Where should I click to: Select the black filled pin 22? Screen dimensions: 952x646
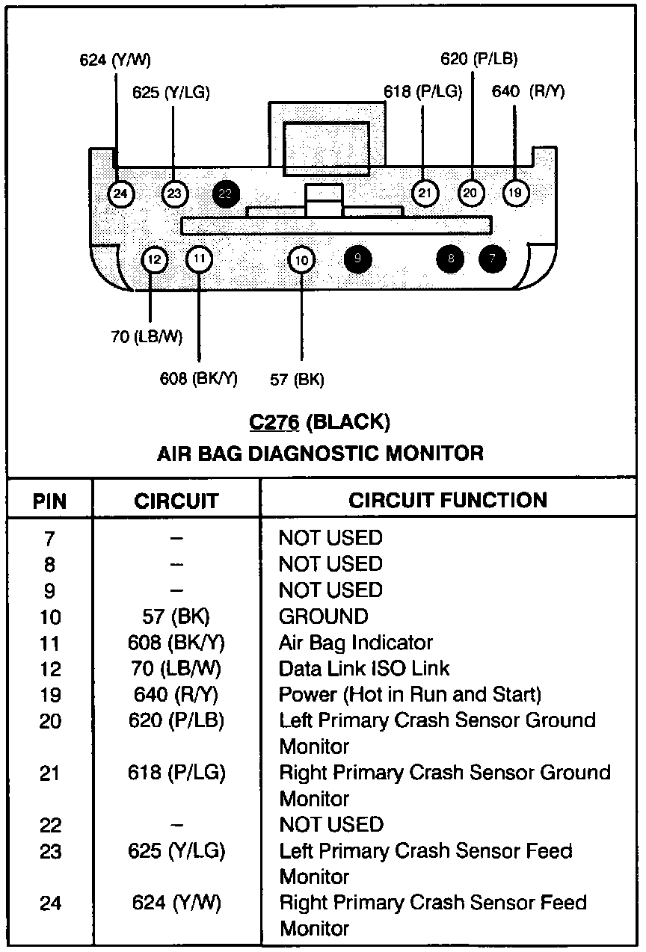[x=226, y=194]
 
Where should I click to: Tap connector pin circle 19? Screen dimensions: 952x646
[x=515, y=194]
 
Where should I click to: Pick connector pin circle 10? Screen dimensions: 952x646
[x=301, y=260]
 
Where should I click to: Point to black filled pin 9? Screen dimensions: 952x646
[x=357, y=259]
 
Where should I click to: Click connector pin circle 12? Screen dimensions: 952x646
[x=154, y=260]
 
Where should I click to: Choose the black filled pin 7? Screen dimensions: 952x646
[x=493, y=259]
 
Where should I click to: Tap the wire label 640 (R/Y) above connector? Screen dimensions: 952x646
[x=528, y=92]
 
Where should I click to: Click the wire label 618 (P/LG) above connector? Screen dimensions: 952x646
[x=422, y=92]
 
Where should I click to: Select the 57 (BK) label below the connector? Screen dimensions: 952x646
[x=297, y=380]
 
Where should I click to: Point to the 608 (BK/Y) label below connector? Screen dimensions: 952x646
[x=198, y=378]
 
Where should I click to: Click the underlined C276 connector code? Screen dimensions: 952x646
[x=274, y=423]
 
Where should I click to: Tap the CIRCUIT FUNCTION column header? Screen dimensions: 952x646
[x=448, y=500]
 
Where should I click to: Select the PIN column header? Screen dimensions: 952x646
[x=50, y=501]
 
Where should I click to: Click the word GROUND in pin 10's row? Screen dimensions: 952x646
[x=323, y=616]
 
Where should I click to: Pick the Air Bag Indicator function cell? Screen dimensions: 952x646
[x=355, y=643]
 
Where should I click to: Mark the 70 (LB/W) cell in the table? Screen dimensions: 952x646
[x=176, y=669]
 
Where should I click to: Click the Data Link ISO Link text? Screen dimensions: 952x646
[x=364, y=669]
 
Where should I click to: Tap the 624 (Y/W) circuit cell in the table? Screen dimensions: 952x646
[x=176, y=903]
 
